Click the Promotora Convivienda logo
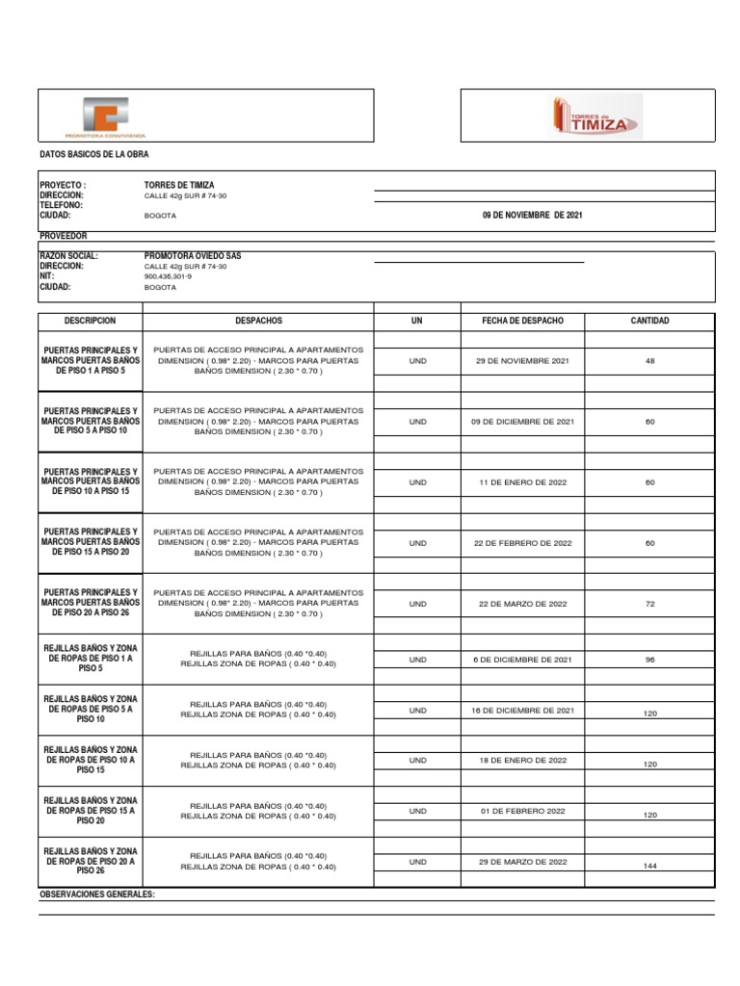point(105,117)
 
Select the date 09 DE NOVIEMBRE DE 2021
point(532,216)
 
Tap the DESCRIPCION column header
point(90,321)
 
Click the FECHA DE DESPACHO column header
point(522,321)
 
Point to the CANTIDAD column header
point(649,321)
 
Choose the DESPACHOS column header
point(258,321)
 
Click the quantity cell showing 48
point(649,361)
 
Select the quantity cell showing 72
point(649,604)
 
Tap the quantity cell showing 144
point(649,867)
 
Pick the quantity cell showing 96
point(649,660)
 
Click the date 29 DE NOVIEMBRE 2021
point(522,361)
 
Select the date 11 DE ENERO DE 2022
point(522,482)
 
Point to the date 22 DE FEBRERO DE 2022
point(522,543)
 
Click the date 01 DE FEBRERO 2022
point(522,812)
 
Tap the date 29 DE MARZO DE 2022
point(522,862)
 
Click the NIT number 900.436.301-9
point(168,276)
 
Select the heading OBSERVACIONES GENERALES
point(96,895)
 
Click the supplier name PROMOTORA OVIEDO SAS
point(193,255)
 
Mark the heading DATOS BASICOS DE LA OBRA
point(93,154)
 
